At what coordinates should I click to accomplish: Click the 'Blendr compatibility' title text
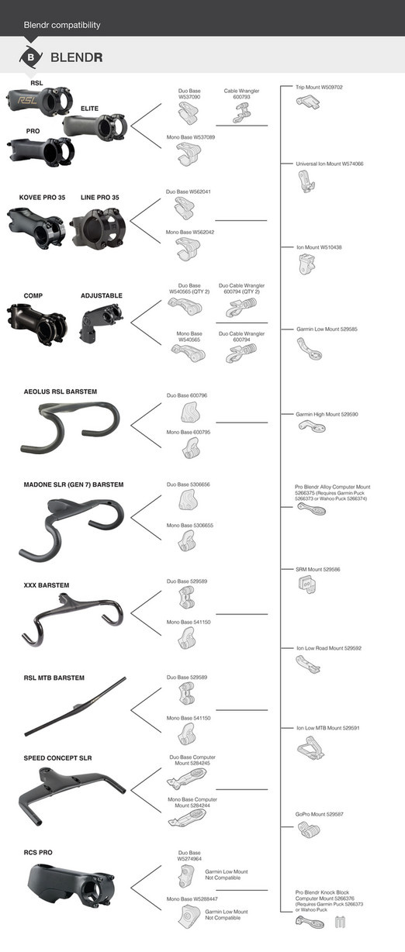point(62,25)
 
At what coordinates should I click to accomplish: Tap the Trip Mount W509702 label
point(320,88)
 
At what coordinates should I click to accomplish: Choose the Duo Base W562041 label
point(190,191)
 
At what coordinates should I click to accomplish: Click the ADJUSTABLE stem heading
point(101,295)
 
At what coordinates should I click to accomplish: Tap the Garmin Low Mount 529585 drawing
point(307,347)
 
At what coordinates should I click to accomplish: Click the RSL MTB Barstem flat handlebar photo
point(74,706)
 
